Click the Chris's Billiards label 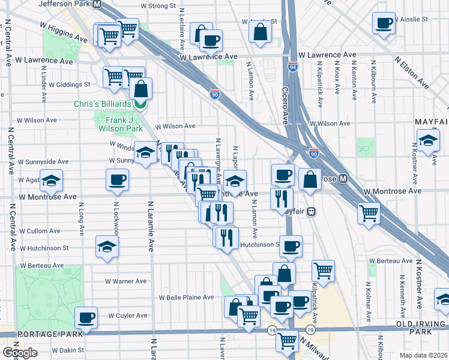pyautogui.click(x=102, y=104)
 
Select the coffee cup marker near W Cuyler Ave pyautogui.click(x=85, y=317)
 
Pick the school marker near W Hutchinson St pyautogui.click(x=106, y=246)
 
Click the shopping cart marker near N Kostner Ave pyautogui.click(x=368, y=212)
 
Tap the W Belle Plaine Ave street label pyautogui.click(x=186, y=297)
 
